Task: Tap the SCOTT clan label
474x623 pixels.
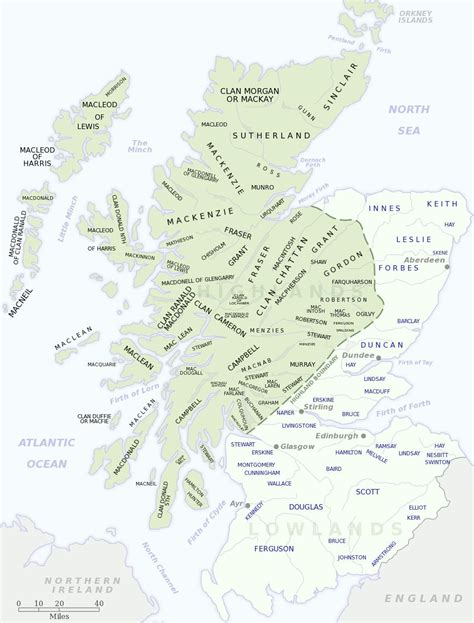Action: [368, 492]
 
